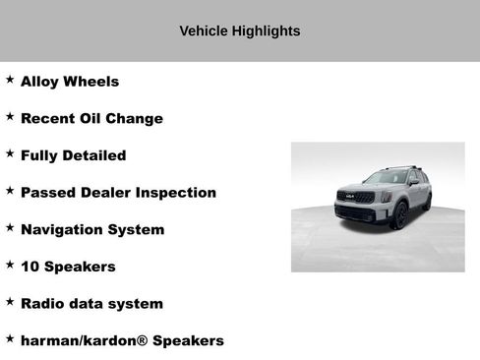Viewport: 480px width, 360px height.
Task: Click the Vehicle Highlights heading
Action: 239,30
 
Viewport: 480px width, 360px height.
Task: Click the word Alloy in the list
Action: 40,82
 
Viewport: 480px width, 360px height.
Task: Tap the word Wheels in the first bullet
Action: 91,82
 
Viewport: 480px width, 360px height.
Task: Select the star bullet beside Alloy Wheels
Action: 10,80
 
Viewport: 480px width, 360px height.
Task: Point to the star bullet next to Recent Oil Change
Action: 10,116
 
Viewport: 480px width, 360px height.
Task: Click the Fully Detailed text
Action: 73,155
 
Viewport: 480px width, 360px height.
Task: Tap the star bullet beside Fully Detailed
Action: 10,153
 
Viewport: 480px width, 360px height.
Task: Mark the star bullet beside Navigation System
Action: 10,227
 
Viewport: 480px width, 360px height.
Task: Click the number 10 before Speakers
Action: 30,267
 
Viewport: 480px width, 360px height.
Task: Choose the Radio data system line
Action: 91,304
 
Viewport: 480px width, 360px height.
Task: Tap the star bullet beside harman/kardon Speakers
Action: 10,338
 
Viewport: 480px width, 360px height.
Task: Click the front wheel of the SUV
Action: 399,214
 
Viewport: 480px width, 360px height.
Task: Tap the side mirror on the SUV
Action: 413,183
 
